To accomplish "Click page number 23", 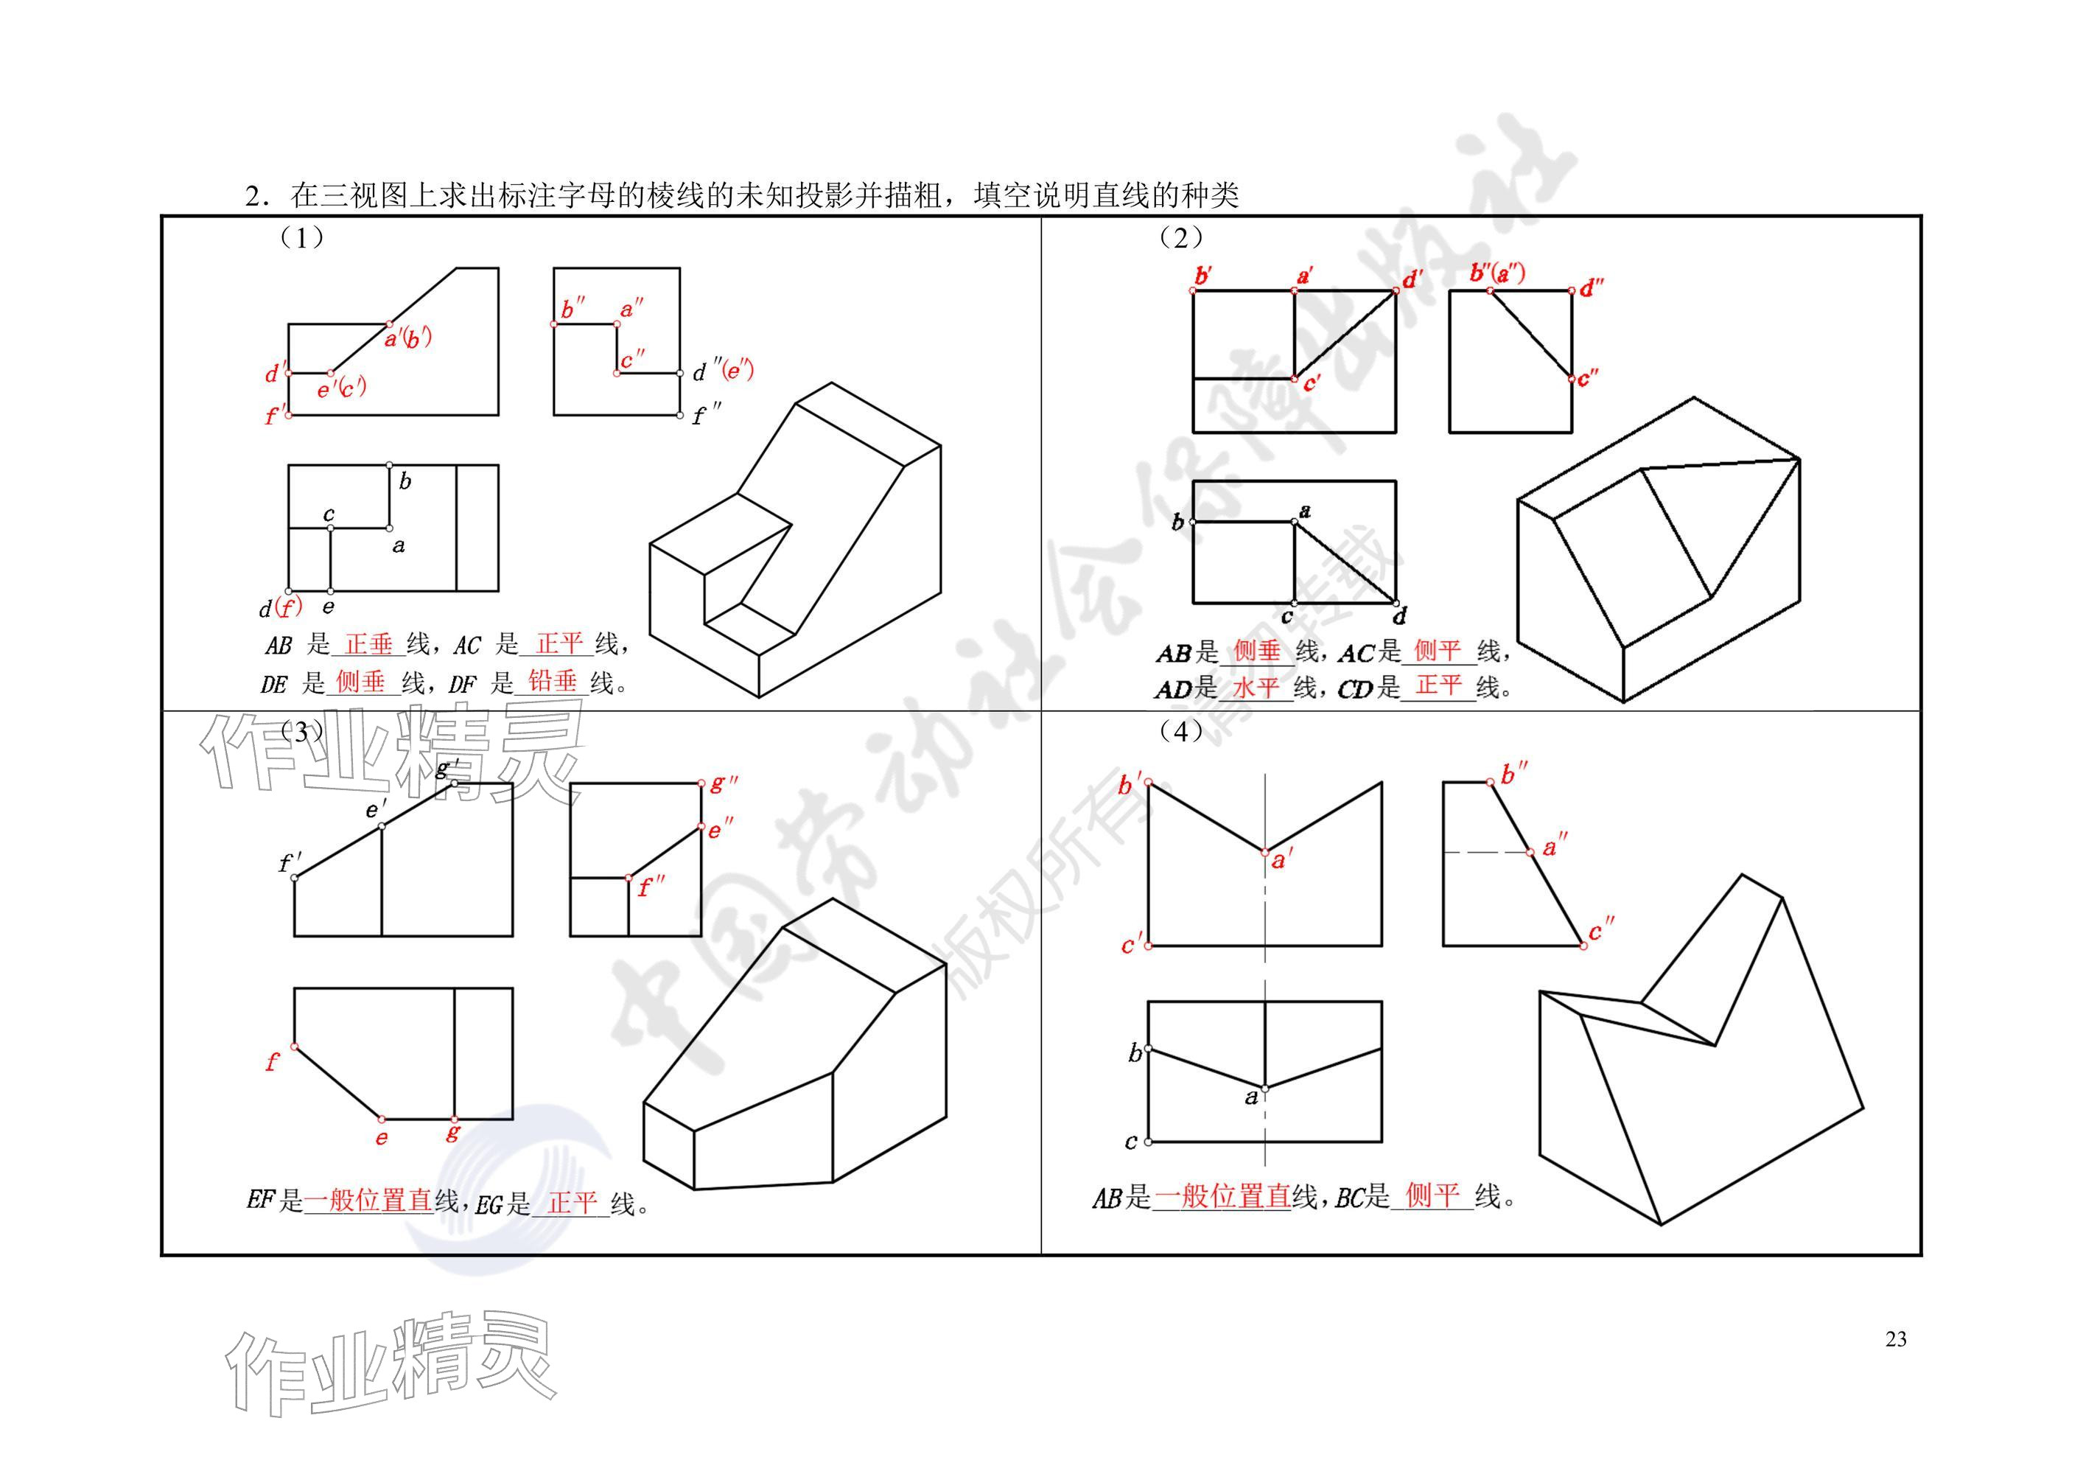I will pos(1895,1340).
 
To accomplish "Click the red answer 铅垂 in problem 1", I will pos(553,681).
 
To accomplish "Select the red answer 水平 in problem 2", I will pos(1256,687).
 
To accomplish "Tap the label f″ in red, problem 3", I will pos(651,886).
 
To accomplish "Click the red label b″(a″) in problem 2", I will pos(1497,272).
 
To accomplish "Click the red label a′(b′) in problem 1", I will pos(408,338).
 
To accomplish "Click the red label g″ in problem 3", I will pos(723,783).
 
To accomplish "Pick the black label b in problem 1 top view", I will pos(405,482).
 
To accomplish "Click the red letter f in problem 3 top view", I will pos(272,1061).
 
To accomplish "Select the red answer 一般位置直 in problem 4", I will pos(1222,1196).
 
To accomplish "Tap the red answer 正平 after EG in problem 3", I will pos(573,1203).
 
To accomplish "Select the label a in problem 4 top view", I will pos(1251,1097).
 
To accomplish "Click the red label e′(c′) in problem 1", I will pos(342,388).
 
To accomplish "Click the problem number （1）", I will pos(301,238).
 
